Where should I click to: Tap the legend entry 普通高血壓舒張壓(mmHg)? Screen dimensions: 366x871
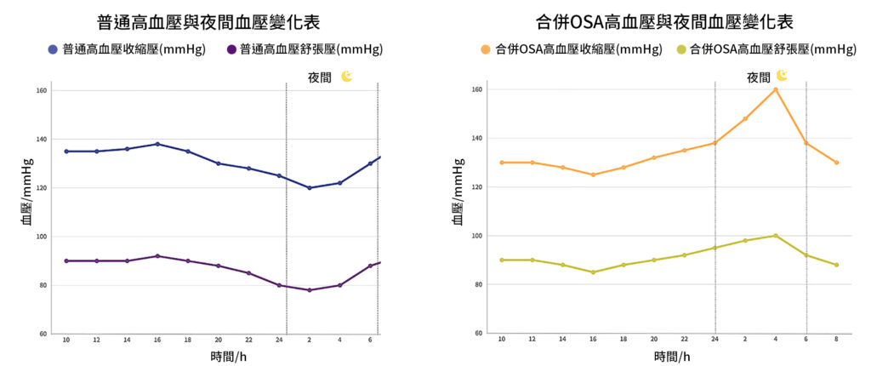[x=305, y=49]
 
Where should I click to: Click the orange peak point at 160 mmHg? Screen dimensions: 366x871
[x=776, y=89]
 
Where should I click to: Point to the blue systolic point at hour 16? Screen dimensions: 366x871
[x=157, y=144]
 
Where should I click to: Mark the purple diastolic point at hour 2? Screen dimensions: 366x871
[x=309, y=290]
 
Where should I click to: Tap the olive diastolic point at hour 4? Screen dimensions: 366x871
[x=776, y=236]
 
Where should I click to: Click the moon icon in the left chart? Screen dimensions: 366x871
[x=347, y=77]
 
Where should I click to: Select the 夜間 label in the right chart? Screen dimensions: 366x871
[x=759, y=77]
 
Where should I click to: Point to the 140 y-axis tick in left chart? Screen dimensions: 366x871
[x=41, y=139]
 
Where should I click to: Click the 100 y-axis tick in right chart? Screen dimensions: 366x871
[x=477, y=236]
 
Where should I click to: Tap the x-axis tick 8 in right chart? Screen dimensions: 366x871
[x=837, y=339]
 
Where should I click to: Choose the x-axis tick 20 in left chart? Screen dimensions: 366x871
[x=218, y=339]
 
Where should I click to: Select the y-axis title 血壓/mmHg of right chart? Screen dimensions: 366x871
[x=458, y=192]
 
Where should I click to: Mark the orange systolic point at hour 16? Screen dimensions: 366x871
[x=593, y=174]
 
